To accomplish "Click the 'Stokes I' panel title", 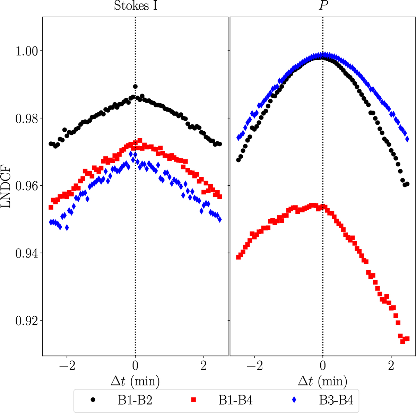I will coord(136,6).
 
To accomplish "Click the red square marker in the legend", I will coord(194,400).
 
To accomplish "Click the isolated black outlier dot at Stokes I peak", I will coord(135,86).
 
